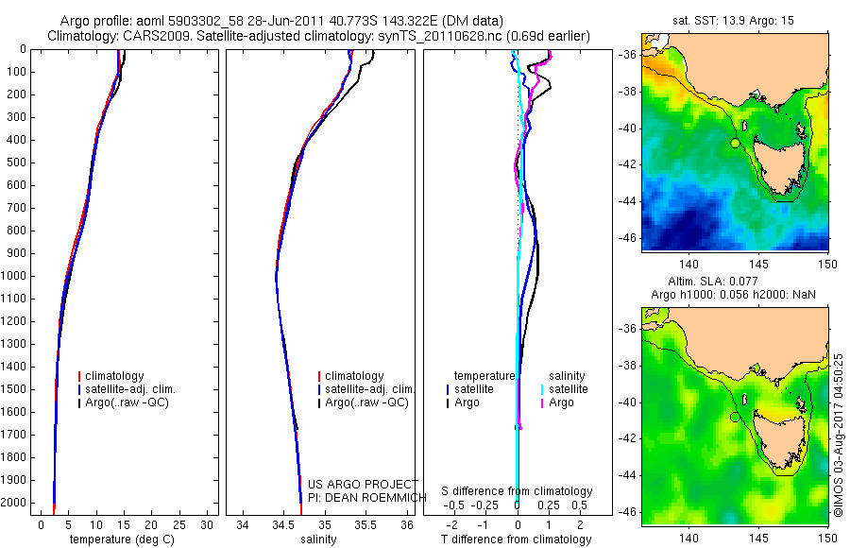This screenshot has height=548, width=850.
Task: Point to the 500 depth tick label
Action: tap(16, 163)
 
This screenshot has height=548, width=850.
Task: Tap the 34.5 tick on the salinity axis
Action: tap(283, 524)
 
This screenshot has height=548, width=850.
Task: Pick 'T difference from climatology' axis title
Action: tap(516, 539)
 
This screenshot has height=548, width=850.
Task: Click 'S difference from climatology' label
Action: tap(517, 491)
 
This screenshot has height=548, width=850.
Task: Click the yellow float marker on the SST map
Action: tap(735, 143)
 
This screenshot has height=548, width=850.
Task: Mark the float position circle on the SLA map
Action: tap(735, 417)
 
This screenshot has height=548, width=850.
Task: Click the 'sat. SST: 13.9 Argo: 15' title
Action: tap(735, 20)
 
